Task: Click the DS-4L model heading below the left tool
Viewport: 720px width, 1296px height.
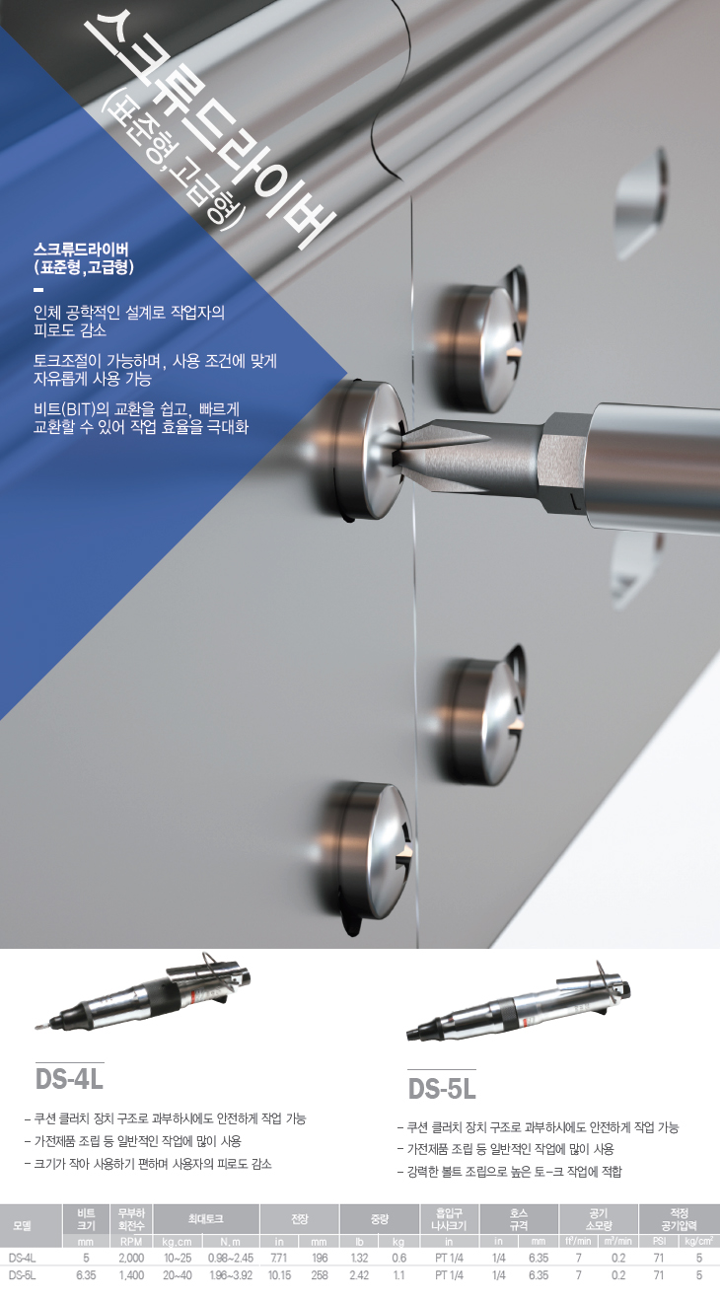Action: pos(69,1079)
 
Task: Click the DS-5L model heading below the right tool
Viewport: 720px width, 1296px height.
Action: pos(442,1088)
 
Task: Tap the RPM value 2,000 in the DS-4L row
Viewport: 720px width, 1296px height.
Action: pos(131,1258)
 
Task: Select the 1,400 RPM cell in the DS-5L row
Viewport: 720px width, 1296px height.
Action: pos(131,1275)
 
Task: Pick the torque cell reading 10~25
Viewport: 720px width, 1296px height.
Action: pos(178,1258)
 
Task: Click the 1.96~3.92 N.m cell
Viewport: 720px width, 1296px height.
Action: pos(231,1275)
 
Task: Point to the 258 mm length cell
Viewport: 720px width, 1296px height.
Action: pos(320,1275)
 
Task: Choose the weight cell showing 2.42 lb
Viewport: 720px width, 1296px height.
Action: pos(359,1275)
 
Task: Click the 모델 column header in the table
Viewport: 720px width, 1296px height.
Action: pos(23,1225)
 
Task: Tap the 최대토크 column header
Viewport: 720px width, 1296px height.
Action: pos(205,1218)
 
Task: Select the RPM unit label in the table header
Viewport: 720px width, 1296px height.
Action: pos(131,1242)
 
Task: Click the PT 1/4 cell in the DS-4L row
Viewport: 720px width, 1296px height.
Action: pos(449,1258)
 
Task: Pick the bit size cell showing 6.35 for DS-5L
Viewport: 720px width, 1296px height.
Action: pos(86,1275)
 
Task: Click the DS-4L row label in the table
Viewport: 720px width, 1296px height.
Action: pos(22,1258)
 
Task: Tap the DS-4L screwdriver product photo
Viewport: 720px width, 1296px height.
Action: pos(144,993)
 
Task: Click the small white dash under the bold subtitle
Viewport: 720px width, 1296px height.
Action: pos(38,289)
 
